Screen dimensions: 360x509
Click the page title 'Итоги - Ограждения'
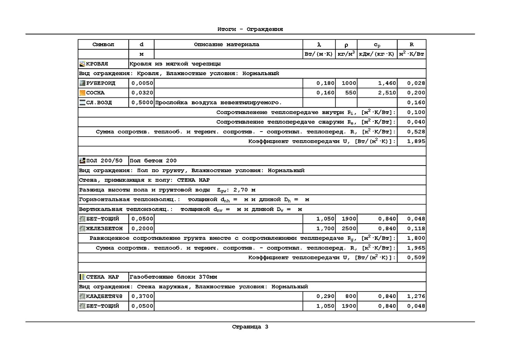click(x=250, y=29)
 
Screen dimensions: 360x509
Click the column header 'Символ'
click(x=103, y=45)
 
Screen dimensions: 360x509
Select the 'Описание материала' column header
click(x=226, y=45)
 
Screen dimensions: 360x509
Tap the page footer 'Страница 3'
click(x=250, y=326)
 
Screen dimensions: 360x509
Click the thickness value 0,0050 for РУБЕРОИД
click(x=141, y=83)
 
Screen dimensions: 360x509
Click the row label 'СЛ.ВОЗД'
click(x=99, y=103)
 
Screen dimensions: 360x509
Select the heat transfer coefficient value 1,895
click(x=416, y=141)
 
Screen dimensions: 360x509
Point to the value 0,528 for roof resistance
click(x=416, y=132)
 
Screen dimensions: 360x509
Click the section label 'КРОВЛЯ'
click(x=97, y=64)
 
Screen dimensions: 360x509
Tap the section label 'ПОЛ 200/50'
click(x=104, y=161)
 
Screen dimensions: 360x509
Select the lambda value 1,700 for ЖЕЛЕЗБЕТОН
click(x=325, y=228)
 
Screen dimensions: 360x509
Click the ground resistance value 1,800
click(x=416, y=238)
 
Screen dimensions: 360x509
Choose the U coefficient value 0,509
click(x=416, y=257)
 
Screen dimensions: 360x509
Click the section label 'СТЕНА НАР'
click(x=102, y=277)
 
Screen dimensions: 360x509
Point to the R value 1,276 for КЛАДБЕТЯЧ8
click(x=416, y=296)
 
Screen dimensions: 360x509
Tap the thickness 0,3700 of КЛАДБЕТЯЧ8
click(x=141, y=296)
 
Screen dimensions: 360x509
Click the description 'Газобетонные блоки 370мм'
click(x=173, y=277)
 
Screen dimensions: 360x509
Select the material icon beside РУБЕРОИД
click(x=82, y=83)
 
